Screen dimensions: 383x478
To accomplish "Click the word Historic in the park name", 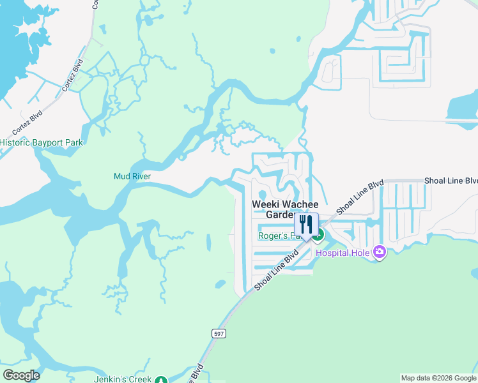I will point(15,142).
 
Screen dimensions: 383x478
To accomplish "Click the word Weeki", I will point(266,204).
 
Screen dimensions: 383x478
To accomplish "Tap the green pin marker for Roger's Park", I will point(318,235).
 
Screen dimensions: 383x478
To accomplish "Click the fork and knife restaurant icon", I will point(306,225).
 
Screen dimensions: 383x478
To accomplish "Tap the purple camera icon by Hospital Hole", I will point(380,253).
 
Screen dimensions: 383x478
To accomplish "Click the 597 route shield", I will point(219,333).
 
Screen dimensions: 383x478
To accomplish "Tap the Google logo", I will point(21,375).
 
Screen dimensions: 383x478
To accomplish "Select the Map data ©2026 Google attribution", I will point(439,378).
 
